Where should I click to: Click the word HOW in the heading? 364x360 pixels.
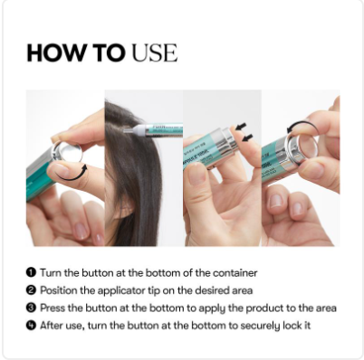pyautogui.click(x=56, y=53)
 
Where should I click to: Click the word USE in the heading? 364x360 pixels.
pyautogui.click(x=155, y=53)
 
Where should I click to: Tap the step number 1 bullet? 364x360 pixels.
pyautogui.click(x=31, y=272)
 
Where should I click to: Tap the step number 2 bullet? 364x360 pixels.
pyautogui.click(x=31, y=290)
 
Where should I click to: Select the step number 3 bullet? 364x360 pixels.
pyautogui.click(x=31, y=308)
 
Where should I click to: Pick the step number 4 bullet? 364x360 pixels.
pyautogui.click(x=31, y=326)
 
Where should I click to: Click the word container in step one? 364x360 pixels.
pyautogui.click(x=235, y=273)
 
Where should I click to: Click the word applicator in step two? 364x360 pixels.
pyautogui.click(x=121, y=290)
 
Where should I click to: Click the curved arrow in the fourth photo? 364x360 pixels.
pyautogui.click(x=302, y=125)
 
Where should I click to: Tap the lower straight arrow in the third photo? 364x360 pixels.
pyautogui.click(x=247, y=138)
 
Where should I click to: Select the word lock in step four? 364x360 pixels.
pyautogui.click(x=291, y=326)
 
